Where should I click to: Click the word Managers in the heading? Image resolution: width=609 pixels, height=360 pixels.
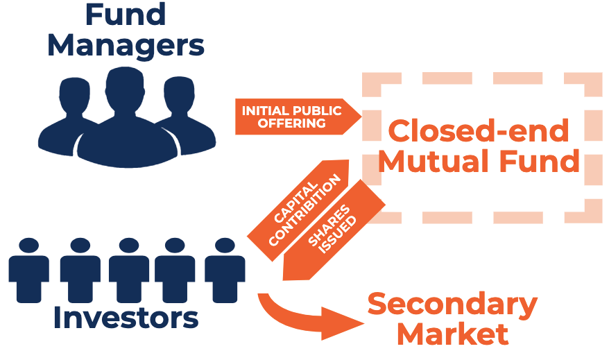coord(126,46)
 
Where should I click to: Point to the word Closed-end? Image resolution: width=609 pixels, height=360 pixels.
coord(478,130)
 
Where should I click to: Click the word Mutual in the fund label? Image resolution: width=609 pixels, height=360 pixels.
coord(430,162)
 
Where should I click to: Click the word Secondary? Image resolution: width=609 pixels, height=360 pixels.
coord(452,304)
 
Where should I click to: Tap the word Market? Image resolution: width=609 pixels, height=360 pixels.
coord(452,334)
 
